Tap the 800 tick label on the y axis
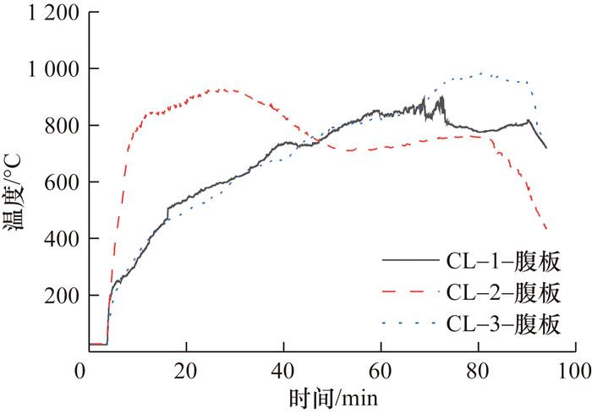[55, 126]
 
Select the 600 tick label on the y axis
[55, 182]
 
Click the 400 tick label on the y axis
[55, 240]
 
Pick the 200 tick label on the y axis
[55, 296]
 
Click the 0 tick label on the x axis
[80, 370]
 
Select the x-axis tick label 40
[284, 370]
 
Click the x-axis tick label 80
[480, 370]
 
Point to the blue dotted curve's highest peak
[481, 73]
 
